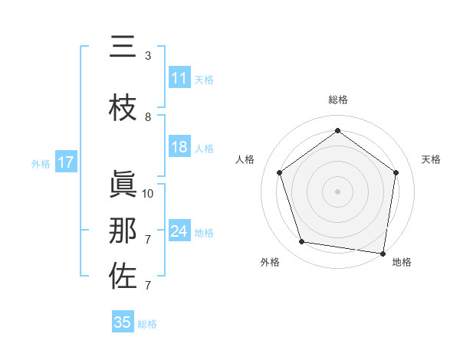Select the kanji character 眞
coord(123,185)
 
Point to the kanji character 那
coord(123,231)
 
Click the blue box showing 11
coord(179,78)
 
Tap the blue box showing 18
coord(179,148)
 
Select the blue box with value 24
coord(179,231)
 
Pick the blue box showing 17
coord(66,162)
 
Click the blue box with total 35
coord(123,322)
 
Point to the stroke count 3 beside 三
coord(148,56)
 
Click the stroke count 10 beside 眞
coord(148,194)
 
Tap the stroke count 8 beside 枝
coord(148,117)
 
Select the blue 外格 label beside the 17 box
coord(41,163)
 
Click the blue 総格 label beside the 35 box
coord(147,323)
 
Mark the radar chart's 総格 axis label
coord(338,100)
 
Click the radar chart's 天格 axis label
coord(432,159)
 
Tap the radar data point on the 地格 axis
coord(383,253)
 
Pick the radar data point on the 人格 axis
coord(280,172)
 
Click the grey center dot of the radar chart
coord(338,191)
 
